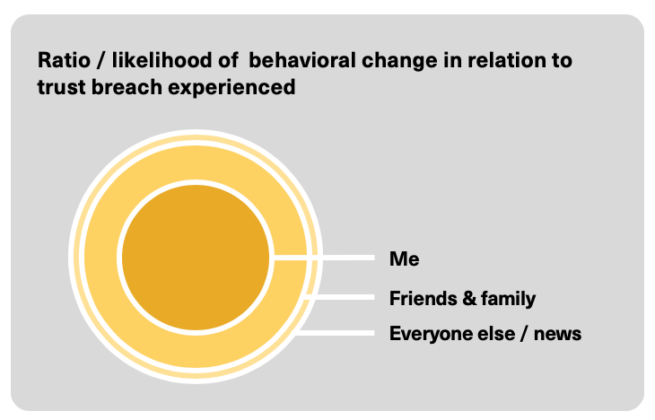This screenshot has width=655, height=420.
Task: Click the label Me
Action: pos(404,258)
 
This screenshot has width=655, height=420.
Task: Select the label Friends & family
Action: pos(462,298)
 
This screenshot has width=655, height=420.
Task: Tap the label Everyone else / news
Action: pos(485,334)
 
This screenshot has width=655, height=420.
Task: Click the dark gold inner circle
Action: pos(196,258)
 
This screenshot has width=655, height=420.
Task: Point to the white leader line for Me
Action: pos(324,258)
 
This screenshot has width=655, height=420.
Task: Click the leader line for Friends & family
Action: pos(340,297)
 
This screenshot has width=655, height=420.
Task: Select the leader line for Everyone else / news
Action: pos(335,333)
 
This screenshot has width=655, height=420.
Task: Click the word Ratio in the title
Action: pos(64,60)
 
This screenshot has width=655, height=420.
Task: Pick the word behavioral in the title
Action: pos(301,60)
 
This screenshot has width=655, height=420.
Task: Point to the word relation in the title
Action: pos(504,60)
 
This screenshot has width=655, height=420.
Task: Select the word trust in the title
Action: pos(61,87)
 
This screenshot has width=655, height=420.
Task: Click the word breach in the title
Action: pos(127,87)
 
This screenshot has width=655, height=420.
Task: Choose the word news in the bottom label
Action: pos(557,335)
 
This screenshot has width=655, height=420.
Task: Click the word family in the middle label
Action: pos(508,299)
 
